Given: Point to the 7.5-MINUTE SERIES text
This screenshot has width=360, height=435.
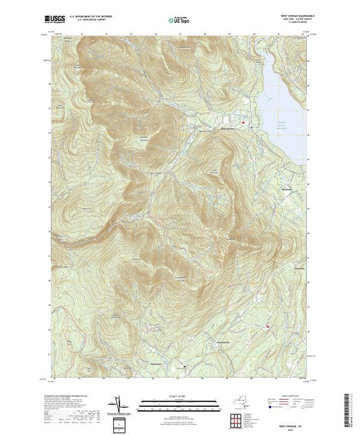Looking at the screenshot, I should click(x=301, y=26).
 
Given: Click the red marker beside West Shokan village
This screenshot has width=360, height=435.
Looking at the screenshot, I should click(x=243, y=124).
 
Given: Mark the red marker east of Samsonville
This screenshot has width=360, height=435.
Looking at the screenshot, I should click(x=268, y=326).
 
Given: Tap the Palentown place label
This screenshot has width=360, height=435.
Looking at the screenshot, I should click(x=155, y=365).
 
